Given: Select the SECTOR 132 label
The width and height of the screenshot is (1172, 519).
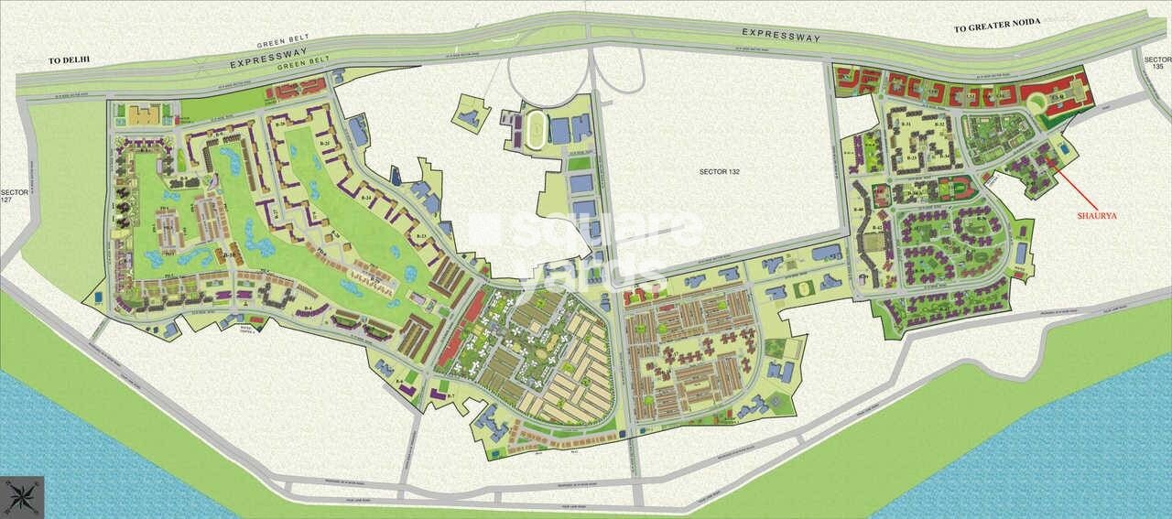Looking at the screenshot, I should pos(718,170).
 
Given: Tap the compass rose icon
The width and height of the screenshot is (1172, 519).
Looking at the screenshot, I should pos(20,498).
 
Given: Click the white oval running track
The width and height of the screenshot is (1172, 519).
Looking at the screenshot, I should pos(533,130).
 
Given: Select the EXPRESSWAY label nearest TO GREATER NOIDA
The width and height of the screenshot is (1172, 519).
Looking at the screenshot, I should pos(781,33).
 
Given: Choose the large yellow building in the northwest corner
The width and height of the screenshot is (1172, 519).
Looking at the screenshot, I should pos(142,114).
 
